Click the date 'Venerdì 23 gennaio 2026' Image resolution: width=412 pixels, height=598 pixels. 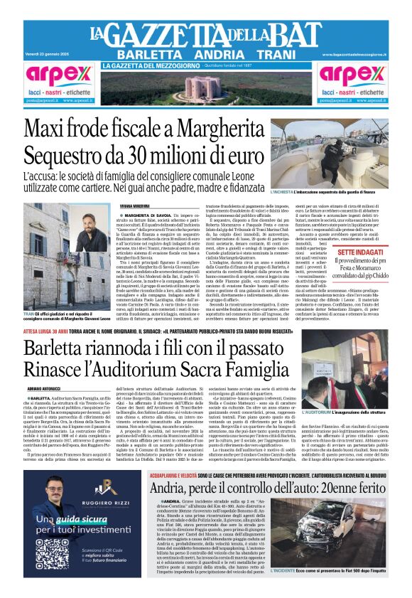pyautogui.click(x=47, y=54)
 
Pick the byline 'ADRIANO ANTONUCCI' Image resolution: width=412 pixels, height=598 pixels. pyautogui.click(x=44, y=390)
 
